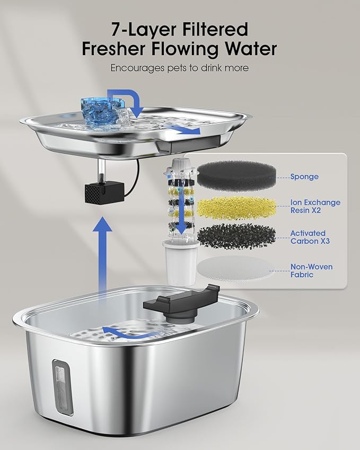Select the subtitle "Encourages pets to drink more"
(180, 68)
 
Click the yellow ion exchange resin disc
(236, 206)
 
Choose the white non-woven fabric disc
(236, 270)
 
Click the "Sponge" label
(304, 177)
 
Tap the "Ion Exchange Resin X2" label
(315, 206)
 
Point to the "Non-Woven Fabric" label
(312, 270)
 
